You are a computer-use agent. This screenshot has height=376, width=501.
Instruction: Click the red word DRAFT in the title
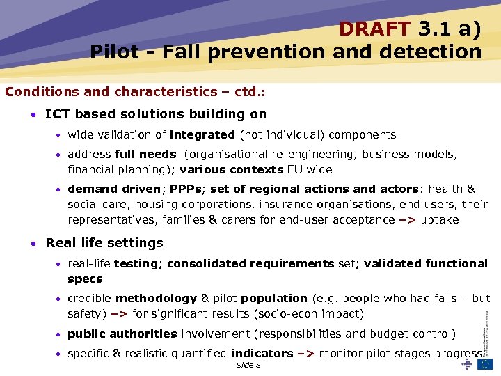pos(375,29)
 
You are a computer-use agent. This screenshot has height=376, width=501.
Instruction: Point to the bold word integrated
pos(202,135)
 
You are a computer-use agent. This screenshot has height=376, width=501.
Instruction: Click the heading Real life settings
pos(104,243)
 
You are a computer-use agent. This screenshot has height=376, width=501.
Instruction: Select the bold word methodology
pos(157,298)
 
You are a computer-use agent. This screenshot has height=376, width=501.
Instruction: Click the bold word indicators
pos(262,353)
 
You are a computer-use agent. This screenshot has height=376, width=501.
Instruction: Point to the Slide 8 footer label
pos(248,365)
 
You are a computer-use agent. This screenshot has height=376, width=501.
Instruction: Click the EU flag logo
pos(485,363)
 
